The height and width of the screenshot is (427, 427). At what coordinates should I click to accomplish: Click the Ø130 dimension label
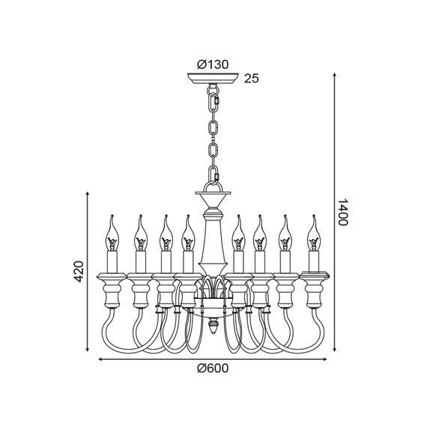point(213,64)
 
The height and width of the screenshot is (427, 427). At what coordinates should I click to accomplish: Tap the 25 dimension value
point(252,79)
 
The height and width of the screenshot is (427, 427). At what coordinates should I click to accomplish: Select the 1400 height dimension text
point(343,213)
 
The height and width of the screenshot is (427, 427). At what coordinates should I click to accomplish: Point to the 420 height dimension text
point(79,271)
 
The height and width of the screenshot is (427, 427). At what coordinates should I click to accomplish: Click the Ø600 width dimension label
point(213,368)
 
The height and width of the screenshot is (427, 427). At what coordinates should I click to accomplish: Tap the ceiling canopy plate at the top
point(213,79)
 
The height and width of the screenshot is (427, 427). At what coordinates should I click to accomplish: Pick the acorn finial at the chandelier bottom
point(213,326)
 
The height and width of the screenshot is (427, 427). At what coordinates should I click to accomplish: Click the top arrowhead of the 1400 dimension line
point(335,75)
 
